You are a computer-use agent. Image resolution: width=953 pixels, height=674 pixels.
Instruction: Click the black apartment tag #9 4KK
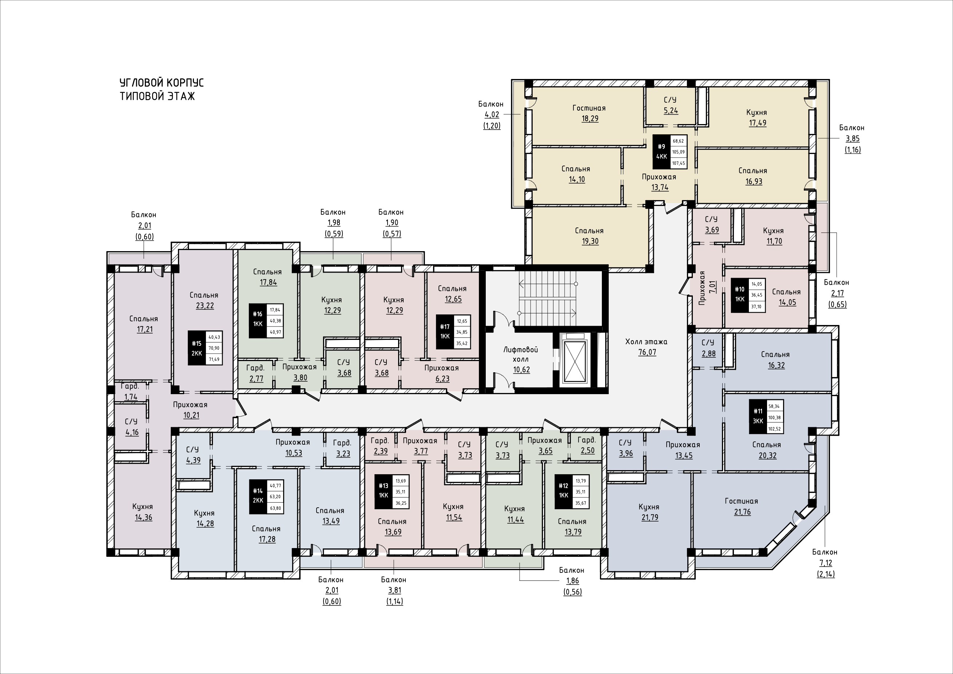[661, 151]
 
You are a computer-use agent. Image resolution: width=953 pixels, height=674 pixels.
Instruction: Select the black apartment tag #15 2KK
[196, 348]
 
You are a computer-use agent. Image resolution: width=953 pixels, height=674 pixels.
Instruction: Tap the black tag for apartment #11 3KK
[758, 416]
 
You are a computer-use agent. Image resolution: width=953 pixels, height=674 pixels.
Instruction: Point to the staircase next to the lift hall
[548, 298]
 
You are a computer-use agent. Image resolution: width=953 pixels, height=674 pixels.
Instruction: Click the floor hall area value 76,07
[647, 352]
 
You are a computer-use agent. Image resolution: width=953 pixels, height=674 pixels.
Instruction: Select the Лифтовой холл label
[521, 355]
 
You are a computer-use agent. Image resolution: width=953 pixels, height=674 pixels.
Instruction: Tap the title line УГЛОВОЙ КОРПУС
[162, 83]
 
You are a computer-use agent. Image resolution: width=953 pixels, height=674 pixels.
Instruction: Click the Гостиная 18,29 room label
[589, 113]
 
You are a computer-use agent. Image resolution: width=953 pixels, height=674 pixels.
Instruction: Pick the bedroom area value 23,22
[205, 306]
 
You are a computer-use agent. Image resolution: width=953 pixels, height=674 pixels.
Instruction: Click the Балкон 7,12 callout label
[825, 563]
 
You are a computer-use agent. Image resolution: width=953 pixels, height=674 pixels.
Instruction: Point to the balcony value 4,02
[492, 115]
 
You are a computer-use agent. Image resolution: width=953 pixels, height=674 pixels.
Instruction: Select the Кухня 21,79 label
[649, 512]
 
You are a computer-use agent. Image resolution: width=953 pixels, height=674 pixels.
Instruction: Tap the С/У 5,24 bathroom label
[670, 106]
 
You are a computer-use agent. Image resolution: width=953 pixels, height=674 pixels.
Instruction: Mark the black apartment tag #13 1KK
[384, 491]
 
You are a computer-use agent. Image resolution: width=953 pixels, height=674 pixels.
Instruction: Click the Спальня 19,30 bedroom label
[589, 236]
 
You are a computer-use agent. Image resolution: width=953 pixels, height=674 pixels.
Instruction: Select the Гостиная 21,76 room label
[742, 506]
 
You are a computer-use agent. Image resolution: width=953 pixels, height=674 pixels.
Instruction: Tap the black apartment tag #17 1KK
[445, 332]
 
